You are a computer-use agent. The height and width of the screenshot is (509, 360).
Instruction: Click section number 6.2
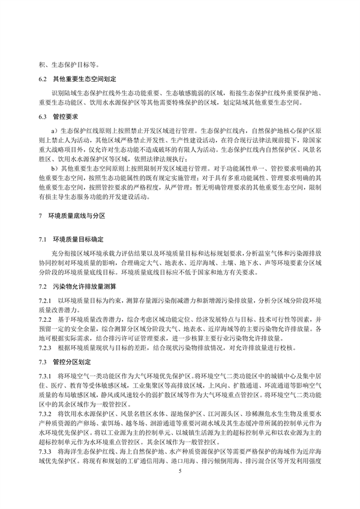pyautogui.click(x=43, y=79)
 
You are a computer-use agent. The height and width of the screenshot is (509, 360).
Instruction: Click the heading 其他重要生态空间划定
pyautogui.click(x=85, y=79)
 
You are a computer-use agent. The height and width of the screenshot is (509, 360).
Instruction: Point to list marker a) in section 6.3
pyautogui.click(x=54, y=130)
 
